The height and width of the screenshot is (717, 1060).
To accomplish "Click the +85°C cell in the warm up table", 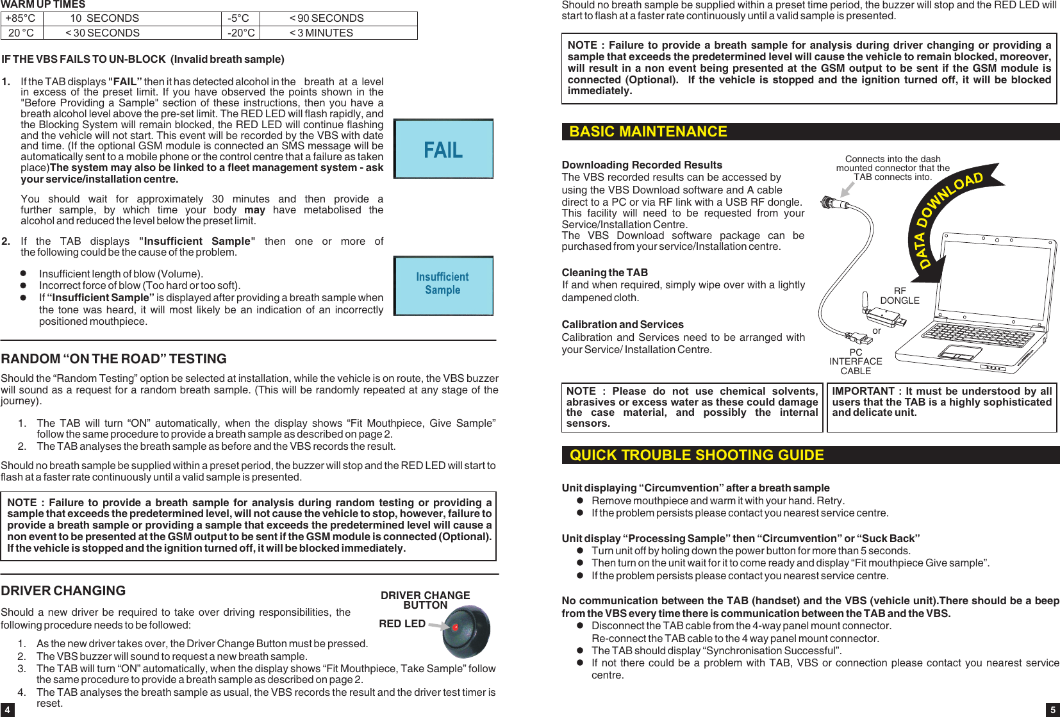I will point(21,19).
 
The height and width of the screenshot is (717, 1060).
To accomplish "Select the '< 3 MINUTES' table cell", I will point(321,33).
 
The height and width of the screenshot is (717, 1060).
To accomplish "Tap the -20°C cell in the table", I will point(240,33).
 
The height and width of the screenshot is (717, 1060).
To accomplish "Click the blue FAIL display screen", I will point(443,149).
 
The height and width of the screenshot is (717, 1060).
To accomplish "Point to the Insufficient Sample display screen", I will point(443,286).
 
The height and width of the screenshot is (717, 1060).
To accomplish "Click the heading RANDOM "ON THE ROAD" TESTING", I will point(114,359).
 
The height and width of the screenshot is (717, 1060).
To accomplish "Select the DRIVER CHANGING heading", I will point(63,591).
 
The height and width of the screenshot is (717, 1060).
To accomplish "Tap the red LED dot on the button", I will point(456,627).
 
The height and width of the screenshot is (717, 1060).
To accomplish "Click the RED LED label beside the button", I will point(402,623).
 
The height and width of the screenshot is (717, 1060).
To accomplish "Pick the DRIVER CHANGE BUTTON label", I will point(425,600).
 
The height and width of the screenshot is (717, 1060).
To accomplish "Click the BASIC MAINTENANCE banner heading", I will point(648,131).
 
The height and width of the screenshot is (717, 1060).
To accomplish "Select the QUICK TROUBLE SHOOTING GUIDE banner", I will point(697,455).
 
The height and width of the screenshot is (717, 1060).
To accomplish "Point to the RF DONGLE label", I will point(899,295).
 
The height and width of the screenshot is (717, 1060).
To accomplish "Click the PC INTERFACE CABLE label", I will point(856,361).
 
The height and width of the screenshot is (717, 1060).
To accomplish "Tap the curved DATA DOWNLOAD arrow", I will point(942,218).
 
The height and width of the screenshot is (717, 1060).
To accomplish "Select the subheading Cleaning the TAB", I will point(604,272).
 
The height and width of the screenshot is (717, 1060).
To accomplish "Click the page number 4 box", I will point(7,709).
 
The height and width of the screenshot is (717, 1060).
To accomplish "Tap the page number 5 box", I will point(1052,709).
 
